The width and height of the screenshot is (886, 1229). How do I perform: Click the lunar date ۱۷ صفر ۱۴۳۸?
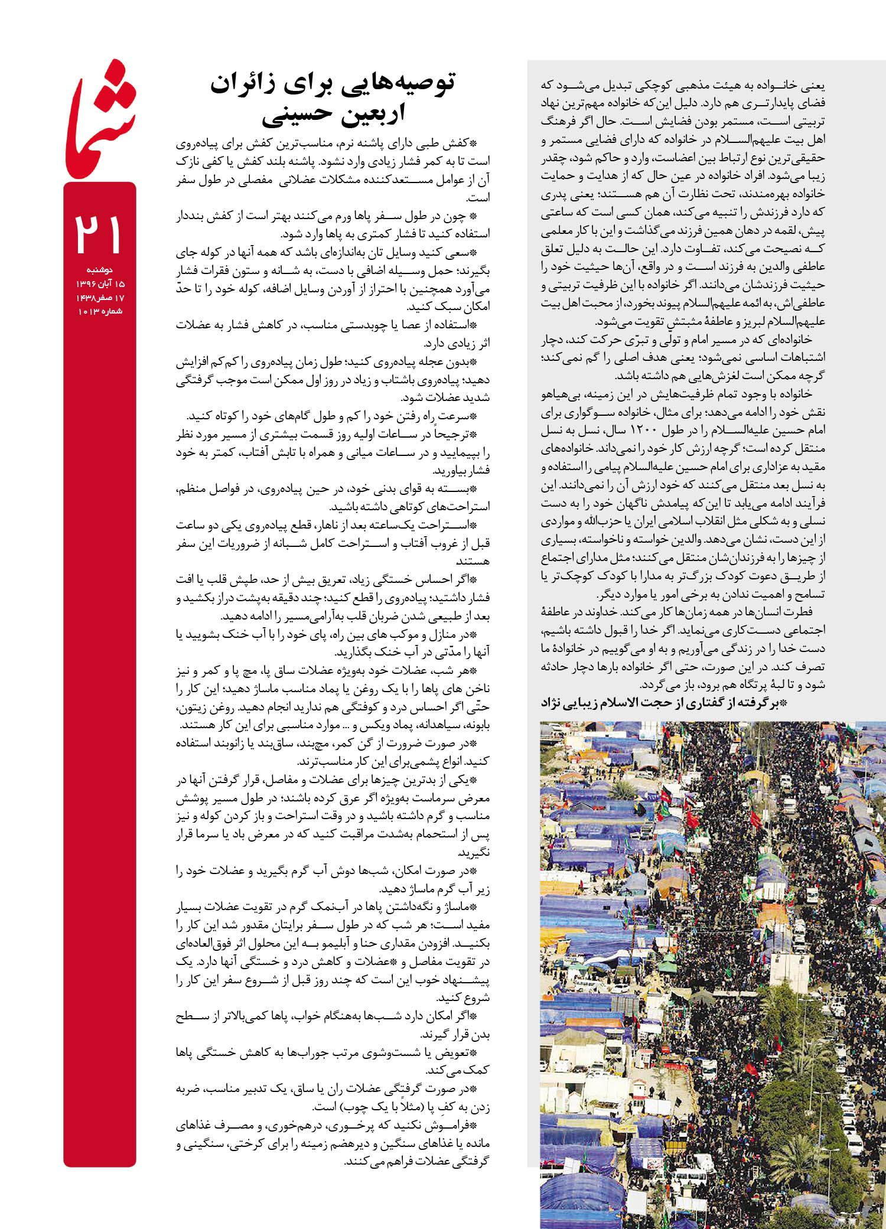(99, 298)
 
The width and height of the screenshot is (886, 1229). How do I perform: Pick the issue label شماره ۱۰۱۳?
(100, 311)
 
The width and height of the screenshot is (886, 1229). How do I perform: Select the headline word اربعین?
(370, 115)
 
